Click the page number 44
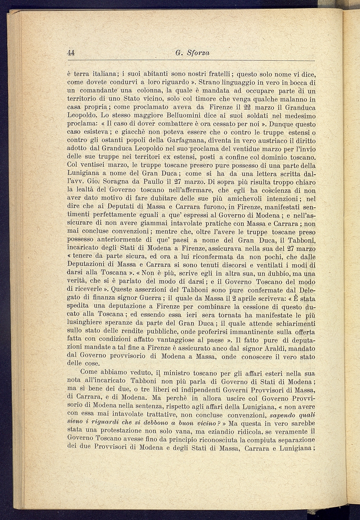pyautogui.click(x=71, y=53)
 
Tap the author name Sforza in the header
pyautogui.click(x=198, y=53)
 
